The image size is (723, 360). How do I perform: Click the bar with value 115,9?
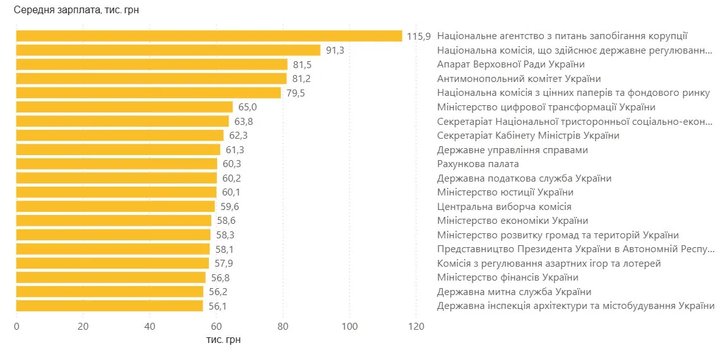pyautogui.click(x=209, y=36)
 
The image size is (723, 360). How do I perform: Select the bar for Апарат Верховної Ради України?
pyautogui.click(x=151, y=64)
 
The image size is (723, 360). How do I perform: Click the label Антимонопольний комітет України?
pyautogui.click(x=519, y=79)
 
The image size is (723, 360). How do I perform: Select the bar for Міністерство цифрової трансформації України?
pyautogui.click(x=124, y=107)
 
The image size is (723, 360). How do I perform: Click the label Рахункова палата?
pyautogui.click(x=478, y=164)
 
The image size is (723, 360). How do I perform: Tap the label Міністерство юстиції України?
pyautogui.click(x=505, y=192)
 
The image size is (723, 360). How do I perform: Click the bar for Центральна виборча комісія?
pyautogui.click(x=115, y=207)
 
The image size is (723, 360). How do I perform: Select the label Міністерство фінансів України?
pyautogui.click(x=507, y=277)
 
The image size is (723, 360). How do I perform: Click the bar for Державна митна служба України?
pyautogui.click(x=110, y=291)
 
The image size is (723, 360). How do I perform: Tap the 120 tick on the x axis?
pyautogui.click(x=416, y=326)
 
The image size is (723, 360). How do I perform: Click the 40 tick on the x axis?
pyautogui.click(x=150, y=326)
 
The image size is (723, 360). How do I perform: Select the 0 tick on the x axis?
pyautogui.click(x=16, y=326)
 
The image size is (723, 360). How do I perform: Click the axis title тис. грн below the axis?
pyautogui.click(x=223, y=340)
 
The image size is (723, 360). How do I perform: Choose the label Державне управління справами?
pyautogui.click(x=512, y=150)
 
